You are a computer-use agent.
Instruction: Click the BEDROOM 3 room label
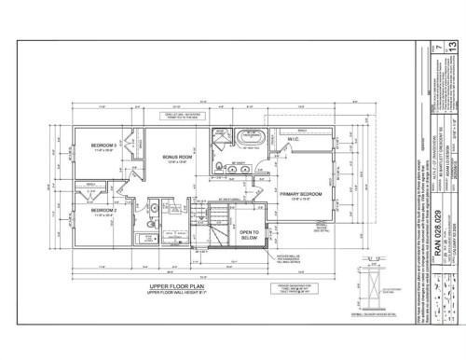point(103,145)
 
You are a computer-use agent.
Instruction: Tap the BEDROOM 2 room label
point(103,185)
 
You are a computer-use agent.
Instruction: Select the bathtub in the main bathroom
point(145,219)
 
